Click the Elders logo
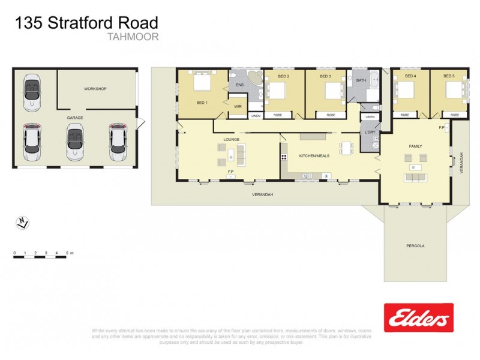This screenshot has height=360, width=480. point(418,317)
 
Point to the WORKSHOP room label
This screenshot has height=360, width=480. point(95,89)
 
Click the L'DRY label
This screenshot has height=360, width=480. point(370,131)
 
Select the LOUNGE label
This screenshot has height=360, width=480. point(232,139)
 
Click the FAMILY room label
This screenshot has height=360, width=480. point(415,146)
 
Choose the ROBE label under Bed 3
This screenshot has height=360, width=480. point(331,115)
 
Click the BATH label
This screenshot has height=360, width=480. point(361,80)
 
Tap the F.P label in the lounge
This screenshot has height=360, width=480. point(230,173)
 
